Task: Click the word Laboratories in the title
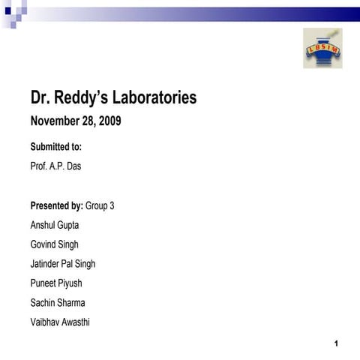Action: coord(151,97)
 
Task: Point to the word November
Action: coord(53,121)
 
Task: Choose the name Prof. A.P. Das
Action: coord(55,166)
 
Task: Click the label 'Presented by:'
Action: coord(57,205)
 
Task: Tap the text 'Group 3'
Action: coord(100,205)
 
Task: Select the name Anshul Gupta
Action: coord(54,225)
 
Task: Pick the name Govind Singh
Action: coord(54,244)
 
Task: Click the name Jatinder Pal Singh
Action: coord(62,264)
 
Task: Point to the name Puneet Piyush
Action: coord(56,283)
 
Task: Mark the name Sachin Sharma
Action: coord(57,303)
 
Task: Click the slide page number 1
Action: coord(337,343)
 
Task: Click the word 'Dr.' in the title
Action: coord(40,97)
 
